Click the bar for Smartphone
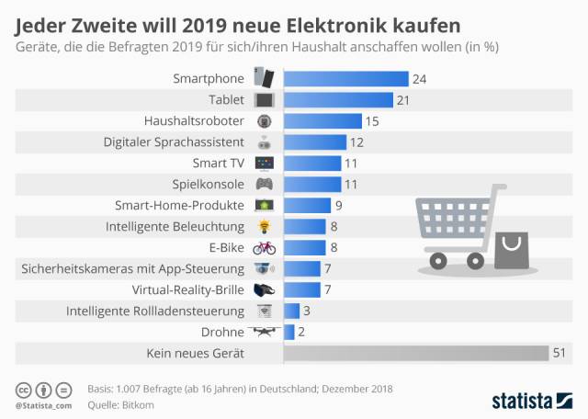point(345,79)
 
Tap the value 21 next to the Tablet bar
point(401,99)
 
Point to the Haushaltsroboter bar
point(322,120)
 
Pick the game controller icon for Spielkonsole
point(264,184)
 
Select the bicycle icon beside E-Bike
point(264,247)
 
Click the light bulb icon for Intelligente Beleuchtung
point(264,226)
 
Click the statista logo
point(534,399)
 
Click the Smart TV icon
point(264,163)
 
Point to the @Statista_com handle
point(43,405)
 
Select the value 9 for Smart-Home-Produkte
point(339,205)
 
